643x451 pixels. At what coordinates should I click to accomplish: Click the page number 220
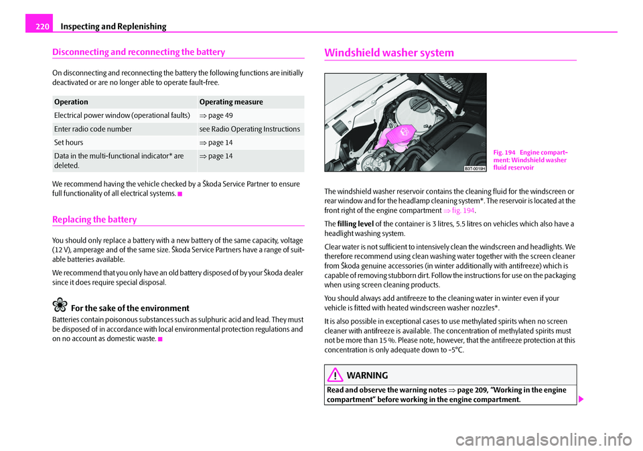coord(40,26)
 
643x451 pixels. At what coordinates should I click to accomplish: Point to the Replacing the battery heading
coord(98,219)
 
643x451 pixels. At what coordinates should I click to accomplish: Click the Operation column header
coord(71,102)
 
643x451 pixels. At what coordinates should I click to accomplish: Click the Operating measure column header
coord(231,102)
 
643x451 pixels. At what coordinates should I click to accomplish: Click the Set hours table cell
coord(70,143)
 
